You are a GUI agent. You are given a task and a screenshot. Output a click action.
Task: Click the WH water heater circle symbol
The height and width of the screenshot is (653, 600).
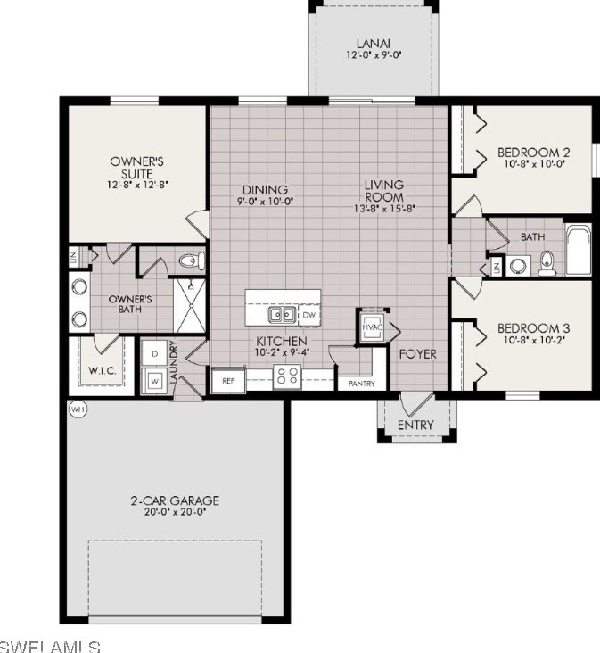click(x=76, y=409)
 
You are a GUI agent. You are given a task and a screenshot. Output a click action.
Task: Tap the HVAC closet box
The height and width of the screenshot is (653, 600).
click(x=371, y=326)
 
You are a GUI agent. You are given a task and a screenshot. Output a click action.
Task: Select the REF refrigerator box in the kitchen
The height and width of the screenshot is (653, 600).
click(x=227, y=379)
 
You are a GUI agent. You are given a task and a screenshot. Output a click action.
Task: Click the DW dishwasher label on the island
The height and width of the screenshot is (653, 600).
click(x=308, y=315)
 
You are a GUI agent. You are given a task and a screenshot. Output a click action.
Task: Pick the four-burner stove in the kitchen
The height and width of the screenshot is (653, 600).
click(x=287, y=377)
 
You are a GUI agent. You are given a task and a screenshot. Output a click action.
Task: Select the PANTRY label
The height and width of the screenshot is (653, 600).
click(x=361, y=384)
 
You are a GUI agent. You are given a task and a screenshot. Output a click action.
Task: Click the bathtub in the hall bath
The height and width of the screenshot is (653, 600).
click(x=579, y=251)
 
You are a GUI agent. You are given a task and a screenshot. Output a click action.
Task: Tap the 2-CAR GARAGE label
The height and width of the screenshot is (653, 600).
click(x=175, y=500)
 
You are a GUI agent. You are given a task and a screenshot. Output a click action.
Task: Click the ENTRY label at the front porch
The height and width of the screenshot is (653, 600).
click(x=415, y=425)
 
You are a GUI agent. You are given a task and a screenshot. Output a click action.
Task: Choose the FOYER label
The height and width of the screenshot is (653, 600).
click(x=417, y=354)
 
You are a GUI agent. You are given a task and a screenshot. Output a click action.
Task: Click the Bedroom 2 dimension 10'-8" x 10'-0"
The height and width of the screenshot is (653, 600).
click(x=531, y=165)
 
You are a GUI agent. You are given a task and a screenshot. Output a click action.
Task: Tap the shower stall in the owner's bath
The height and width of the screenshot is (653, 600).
click(x=189, y=304)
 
